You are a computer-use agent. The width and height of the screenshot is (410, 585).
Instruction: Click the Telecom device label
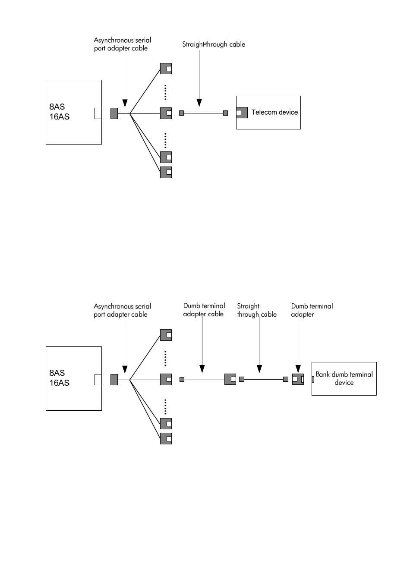(274, 112)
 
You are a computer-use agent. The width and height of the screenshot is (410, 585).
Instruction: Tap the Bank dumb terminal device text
(344, 378)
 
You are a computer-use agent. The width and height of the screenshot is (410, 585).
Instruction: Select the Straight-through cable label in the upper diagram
(214, 44)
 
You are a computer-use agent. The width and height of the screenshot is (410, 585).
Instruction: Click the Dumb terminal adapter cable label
(204, 310)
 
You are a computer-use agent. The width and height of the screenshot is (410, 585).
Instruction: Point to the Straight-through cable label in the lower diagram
(257, 310)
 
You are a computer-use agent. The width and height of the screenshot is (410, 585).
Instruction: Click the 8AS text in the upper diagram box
(57, 107)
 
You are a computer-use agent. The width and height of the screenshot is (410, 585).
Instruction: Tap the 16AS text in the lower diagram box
(59, 383)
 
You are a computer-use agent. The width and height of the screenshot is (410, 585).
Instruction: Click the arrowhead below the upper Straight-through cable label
(199, 103)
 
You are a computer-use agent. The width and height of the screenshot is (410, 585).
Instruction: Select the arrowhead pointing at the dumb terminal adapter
(298, 369)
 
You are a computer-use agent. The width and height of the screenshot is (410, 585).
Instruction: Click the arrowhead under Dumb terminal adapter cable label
(202, 369)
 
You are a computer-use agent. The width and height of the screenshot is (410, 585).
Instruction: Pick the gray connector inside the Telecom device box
(242, 113)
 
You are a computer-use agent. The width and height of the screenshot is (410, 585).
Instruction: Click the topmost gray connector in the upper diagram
(166, 69)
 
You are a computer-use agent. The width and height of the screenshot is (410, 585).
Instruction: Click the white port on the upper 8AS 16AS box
(98, 113)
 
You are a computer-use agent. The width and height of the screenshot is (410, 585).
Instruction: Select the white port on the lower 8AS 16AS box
(98, 380)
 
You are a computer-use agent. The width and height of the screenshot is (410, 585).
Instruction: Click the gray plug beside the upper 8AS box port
(114, 113)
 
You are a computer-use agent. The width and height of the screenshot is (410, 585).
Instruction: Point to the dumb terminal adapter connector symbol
(298, 379)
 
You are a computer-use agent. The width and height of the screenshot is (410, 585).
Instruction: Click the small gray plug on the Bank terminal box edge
(313, 379)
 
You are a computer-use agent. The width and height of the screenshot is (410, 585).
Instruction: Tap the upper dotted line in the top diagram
(165, 92)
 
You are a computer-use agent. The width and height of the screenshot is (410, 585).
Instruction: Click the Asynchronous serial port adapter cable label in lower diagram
(122, 310)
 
